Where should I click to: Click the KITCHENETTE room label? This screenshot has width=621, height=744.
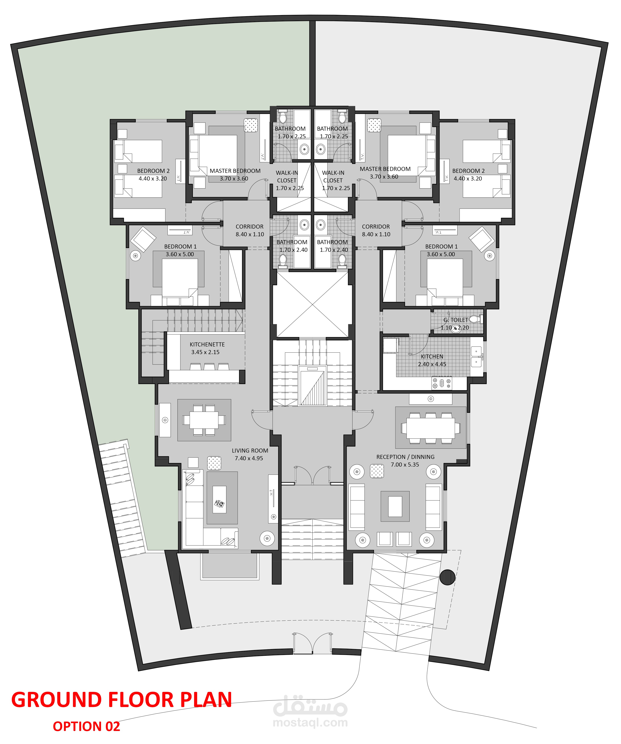[207, 344]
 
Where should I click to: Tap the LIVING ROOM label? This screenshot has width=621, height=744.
[250, 451]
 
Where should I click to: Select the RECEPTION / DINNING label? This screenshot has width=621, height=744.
[405, 457]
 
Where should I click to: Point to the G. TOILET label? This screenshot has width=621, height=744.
[456, 320]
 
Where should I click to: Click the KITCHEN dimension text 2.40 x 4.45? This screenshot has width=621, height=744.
[432, 364]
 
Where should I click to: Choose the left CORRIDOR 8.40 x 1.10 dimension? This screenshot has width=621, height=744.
[250, 234]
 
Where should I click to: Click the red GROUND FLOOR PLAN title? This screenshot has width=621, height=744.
[122, 700]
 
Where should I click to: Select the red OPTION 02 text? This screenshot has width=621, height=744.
[86, 726]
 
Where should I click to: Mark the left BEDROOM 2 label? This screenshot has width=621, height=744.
[154, 171]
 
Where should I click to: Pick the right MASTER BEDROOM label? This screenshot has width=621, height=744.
[385, 169]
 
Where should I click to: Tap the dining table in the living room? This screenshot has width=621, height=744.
[204, 420]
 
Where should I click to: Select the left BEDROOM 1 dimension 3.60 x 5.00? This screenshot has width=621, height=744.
[180, 254]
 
